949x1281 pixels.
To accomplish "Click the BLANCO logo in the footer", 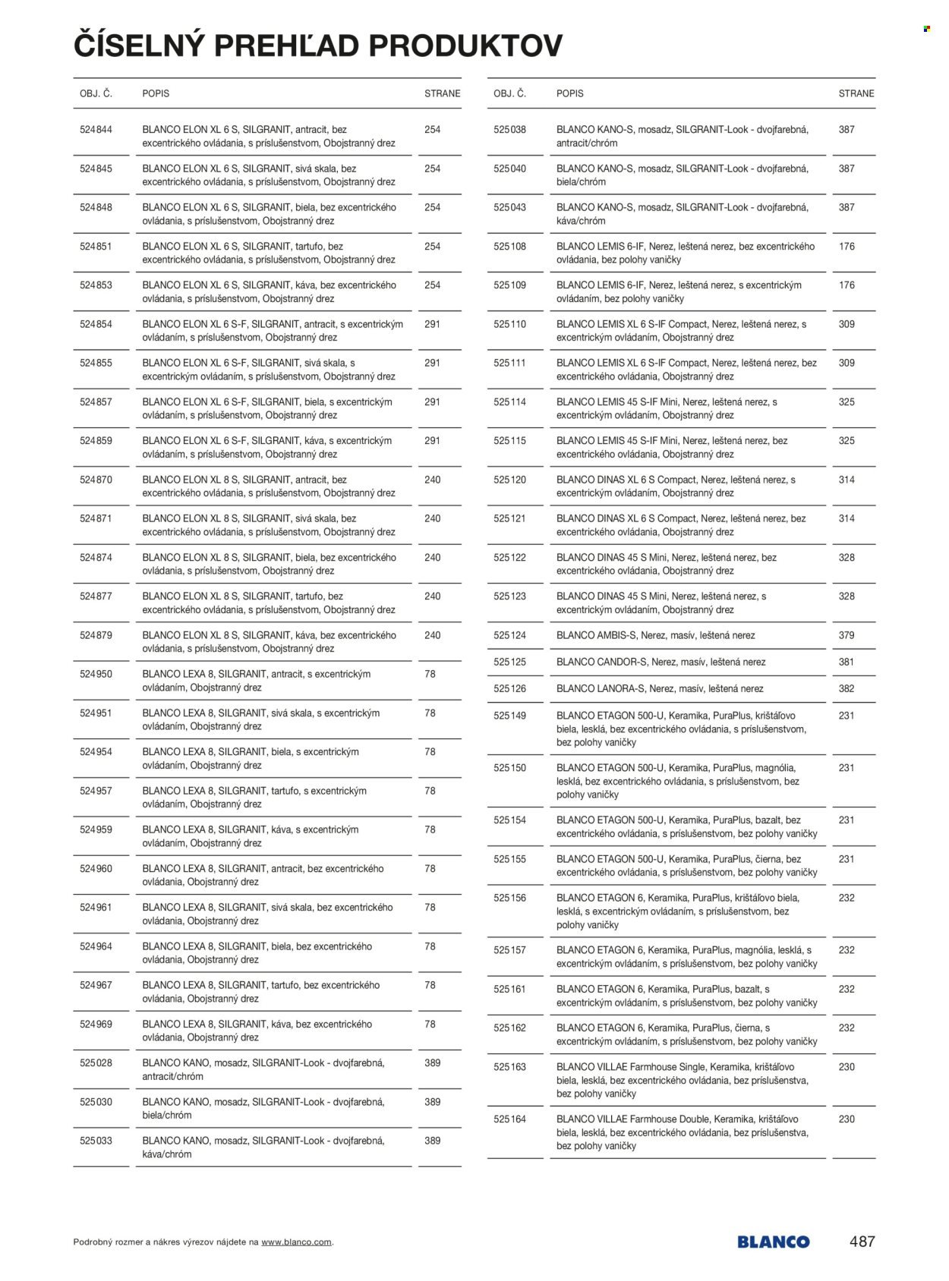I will (x=772, y=1242).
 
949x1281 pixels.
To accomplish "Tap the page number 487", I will (x=862, y=1242).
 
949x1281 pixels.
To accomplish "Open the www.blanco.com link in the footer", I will (x=296, y=1242).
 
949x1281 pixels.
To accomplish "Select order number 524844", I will (x=96, y=130).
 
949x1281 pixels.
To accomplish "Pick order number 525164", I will (x=509, y=1119).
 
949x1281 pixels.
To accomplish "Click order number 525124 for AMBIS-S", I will (x=509, y=635).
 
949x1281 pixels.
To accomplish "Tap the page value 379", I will (x=847, y=635).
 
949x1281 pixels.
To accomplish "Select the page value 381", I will (x=847, y=662).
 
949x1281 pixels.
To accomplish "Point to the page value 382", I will (x=847, y=688).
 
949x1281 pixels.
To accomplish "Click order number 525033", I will (x=96, y=1141).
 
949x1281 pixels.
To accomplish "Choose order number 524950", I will (x=96, y=674).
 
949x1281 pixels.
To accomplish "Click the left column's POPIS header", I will (x=156, y=93).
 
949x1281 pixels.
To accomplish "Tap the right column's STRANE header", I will (x=856, y=93).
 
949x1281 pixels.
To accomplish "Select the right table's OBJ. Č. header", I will (x=509, y=93).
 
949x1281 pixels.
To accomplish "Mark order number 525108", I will (x=509, y=246).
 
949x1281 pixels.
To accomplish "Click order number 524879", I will (x=96, y=635).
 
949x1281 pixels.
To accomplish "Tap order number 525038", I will (x=509, y=130).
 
